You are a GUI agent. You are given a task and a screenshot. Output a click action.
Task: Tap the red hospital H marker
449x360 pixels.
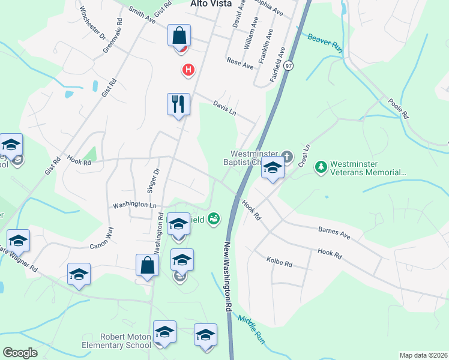pos(188,70)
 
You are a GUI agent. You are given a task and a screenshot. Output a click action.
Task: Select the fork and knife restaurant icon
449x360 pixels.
pos(178,104)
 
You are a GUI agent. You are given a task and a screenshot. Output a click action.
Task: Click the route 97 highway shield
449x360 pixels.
pos(289,65)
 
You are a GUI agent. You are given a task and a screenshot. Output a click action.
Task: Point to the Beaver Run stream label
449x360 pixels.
pos(325,43)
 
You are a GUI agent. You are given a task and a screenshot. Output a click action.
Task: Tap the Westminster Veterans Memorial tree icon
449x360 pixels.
pos(321,166)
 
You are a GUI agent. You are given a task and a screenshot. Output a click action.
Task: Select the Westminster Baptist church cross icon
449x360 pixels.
pos(288,157)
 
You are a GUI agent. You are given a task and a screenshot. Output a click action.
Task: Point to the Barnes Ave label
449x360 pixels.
pos(334,232)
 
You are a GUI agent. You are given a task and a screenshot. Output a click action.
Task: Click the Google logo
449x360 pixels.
pos(20,353)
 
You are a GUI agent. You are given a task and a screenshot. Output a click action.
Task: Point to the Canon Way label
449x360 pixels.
pos(101,237)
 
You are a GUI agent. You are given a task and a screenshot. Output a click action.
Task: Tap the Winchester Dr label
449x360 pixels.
pos(92,22)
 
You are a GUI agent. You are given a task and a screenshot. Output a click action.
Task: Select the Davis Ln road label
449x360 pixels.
pos(225,109)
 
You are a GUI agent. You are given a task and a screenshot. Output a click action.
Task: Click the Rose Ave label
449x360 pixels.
pos(240,63)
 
